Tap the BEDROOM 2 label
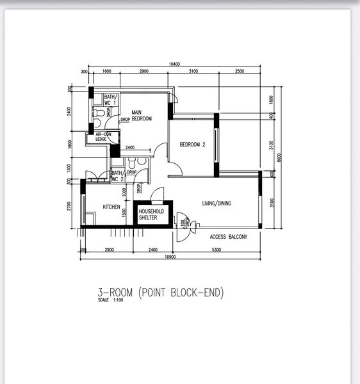pyautogui.click(x=192, y=144)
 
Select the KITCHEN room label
pyautogui.click(x=111, y=207)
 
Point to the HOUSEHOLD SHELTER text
pyautogui.click(x=152, y=214)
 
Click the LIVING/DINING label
pyautogui.click(x=217, y=204)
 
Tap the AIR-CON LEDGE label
pyautogui.click(x=103, y=136)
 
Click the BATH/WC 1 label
pyautogui.click(x=111, y=99)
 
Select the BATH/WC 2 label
pyautogui.click(x=117, y=176)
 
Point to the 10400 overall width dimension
pyautogui.click(x=174, y=64)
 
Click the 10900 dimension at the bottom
pyautogui.click(x=170, y=257)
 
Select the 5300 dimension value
pyautogui.click(x=217, y=250)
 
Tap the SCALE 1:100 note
pyautogui.click(x=110, y=301)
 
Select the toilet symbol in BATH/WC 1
pyautogui.click(x=97, y=113)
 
